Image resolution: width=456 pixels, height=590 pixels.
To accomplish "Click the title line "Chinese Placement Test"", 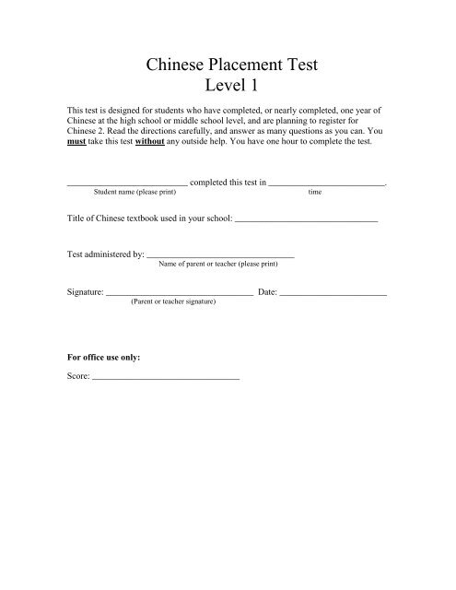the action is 228,64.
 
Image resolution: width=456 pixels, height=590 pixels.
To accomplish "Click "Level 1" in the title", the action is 228,89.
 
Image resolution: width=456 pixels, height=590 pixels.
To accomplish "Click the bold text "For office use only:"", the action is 105,356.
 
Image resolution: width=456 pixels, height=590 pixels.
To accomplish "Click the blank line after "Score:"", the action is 166,379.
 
